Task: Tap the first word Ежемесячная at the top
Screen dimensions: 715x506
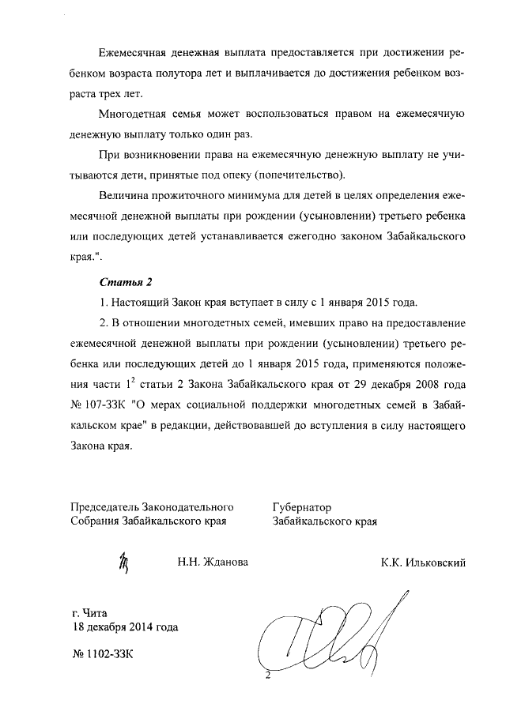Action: pyautogui.click(x=136, y=51)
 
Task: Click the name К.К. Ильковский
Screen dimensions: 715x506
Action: pyautogui.click(x=423, y=562)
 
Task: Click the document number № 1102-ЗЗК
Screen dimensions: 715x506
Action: pyautogui.click(x=103, y=655)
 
